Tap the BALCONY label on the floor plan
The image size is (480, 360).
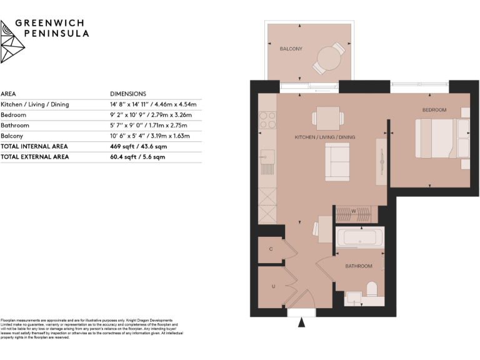coord(291,48)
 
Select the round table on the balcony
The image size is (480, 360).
coord(327,60)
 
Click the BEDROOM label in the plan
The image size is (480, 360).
coord(434,110)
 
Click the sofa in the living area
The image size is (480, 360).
coord(337,161)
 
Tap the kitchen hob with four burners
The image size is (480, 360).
coord(267,119)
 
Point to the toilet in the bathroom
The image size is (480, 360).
coord(371,289)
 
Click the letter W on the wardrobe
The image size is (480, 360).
coord(353,211)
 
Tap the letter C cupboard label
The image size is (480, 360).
coord(270,249)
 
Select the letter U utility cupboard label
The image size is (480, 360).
coord(272,287)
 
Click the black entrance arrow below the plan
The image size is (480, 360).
coord(302,323)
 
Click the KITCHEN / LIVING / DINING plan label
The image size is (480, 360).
coord(324,136)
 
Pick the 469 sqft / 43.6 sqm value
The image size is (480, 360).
coord(137,146)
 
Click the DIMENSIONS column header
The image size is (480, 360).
coord(128,93)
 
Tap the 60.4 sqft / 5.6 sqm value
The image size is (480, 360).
coord(137,157)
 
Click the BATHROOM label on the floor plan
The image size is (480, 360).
coord(359,266)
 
